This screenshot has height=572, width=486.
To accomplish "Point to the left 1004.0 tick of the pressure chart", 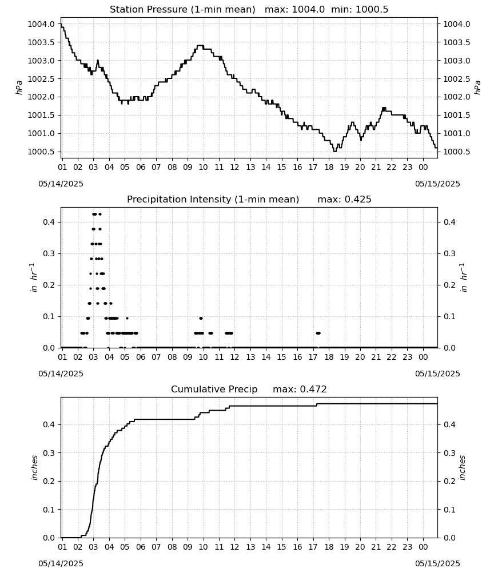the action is (41, 24).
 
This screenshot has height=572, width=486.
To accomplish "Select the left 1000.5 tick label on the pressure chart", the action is (41, 152).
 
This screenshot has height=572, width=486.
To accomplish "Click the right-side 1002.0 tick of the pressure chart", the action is (456, 97).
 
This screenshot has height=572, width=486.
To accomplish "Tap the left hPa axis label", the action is (19, 88).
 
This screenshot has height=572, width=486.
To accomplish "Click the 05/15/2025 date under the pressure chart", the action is (437, 184).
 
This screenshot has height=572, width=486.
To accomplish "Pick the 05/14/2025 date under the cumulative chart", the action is (61, 563).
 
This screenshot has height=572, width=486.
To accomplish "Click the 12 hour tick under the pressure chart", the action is (234, 167).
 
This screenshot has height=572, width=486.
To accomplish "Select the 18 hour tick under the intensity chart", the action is (329, 357).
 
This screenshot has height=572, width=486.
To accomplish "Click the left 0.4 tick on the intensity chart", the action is (49, 222).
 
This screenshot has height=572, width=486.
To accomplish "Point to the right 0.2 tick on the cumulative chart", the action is (449, 481).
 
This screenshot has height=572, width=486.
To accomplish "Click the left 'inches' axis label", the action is (35, 467).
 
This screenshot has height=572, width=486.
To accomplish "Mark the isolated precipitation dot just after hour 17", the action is (318, 333).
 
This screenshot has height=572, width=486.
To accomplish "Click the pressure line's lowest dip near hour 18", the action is (334, 151).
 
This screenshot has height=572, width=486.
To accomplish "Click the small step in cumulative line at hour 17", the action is (316, 404).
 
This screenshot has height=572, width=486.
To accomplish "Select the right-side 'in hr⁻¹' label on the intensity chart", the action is (463, 277).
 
